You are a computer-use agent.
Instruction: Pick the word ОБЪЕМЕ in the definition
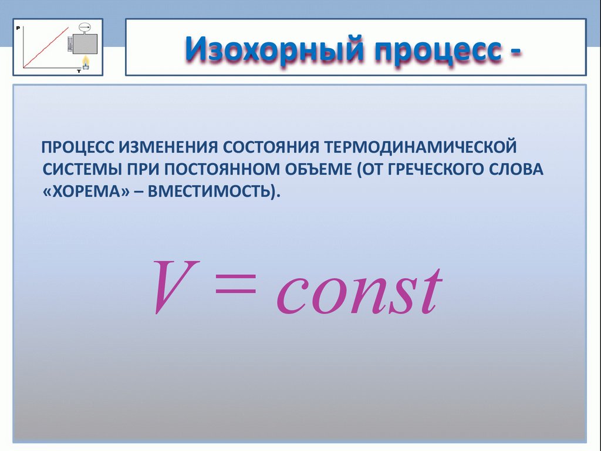317,169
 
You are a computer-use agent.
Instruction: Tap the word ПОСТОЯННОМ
220,169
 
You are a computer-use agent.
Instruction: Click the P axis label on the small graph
19,27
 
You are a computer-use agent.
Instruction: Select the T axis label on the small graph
79,70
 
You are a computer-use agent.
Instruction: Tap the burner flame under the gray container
86,61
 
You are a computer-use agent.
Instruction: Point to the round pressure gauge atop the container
85,27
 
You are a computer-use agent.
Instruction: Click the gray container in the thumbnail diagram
86,44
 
